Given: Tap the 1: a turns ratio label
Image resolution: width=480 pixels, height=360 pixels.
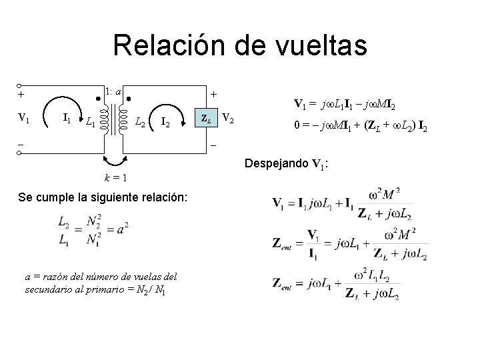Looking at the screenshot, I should (113, 91).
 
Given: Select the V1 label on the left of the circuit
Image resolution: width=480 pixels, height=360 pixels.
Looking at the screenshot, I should (23, 119).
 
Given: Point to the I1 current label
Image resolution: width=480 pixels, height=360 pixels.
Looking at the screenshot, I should (66, 119).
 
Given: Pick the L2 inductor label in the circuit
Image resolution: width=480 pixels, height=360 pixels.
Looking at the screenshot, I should (141, 122).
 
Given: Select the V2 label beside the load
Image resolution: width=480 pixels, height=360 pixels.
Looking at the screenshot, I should (228, 119).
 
